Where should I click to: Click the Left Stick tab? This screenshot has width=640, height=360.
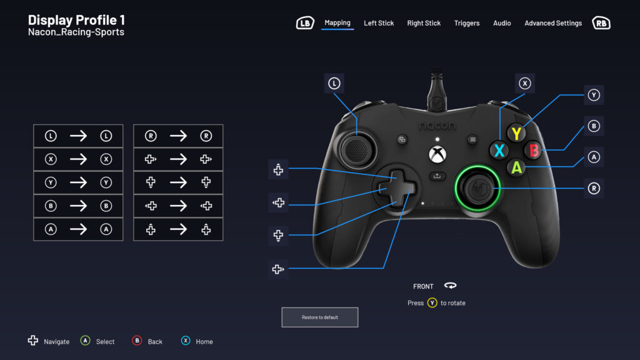pyautogui.click(x=379, y=23)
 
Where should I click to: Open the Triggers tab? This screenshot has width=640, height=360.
pyautogui.click(x=466, y=23)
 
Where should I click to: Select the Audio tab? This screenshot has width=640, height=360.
pyautogui.click(x=502, y=23)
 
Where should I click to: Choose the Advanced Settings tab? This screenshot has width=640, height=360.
pyautogui.click(x=553, y=23)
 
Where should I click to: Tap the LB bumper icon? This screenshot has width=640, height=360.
pyautogui.click(x=305, y=23)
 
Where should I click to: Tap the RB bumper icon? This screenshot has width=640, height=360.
pyautogui.click(x=601, y=23)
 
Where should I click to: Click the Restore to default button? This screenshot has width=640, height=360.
pyautogui.click(x=319, y=317)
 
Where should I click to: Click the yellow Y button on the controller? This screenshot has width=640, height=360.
pyautogui.click(x=516, y=133)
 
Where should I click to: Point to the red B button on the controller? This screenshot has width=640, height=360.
pyautogui.click(x=533, y=150)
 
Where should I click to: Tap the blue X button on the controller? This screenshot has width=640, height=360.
pyautogui.click(x=499, y=150)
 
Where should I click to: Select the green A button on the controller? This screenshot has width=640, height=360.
pyautogui.click(x=516, y=167)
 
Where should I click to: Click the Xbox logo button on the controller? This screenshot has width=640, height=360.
pyautogui.click(x=437, y=154)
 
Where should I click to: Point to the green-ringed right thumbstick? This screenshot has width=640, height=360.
pyautogui.click(x=477, y=188)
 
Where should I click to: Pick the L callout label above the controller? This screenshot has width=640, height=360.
pyautogui.click(x=334, y=84)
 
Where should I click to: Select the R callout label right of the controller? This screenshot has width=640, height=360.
pyautogui.click(x=594, y=188)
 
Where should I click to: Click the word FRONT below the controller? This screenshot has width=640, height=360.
pyautogui.click(x=423, y=286)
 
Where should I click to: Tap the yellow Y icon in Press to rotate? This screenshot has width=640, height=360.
pyautogui.click(x=432, y=303)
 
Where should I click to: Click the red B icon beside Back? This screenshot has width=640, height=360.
pyautogui.click(x=137, y=341)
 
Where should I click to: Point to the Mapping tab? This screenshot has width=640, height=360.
pyautogui.click(x=337, y=23)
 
